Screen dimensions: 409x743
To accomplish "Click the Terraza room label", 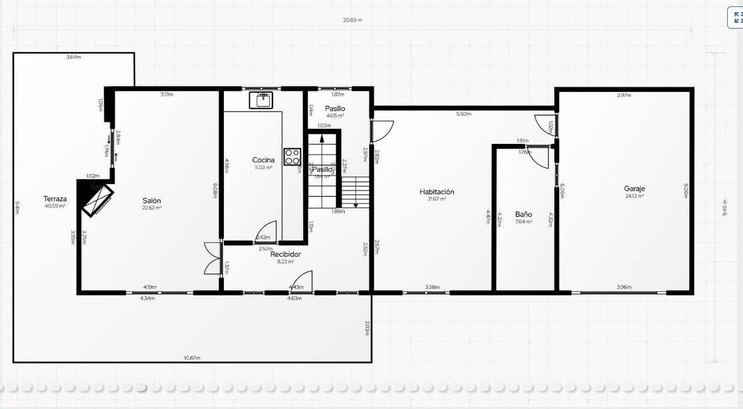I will pos(55,199).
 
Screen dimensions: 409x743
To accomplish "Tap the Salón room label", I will pos(152,200).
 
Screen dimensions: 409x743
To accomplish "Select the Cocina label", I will pos(263,160).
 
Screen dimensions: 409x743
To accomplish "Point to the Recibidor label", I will pos(286,254).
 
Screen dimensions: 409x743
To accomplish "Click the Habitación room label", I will pos(437,192).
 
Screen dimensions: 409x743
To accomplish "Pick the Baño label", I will pos(523,214).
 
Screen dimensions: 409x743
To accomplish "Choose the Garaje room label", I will pos(634,189).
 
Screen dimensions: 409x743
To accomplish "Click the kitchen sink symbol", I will pos(262,100).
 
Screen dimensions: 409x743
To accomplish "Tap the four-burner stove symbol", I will pos(292,157).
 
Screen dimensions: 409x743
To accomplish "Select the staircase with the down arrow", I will pos(355,192).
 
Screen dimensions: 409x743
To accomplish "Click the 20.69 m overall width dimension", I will pos(352,20).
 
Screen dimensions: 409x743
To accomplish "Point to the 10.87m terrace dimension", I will pos(192,357).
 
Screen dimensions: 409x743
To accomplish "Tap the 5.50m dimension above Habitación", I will pos(464,114).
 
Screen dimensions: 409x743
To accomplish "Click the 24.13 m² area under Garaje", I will pos(634,196).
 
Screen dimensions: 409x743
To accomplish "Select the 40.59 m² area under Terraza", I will pos(55,206).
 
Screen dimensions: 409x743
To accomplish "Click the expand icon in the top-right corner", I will pos(736,17).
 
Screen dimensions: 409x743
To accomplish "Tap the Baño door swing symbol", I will pos(541,157).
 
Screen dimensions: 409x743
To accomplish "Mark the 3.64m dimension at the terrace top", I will pos(73,57).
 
